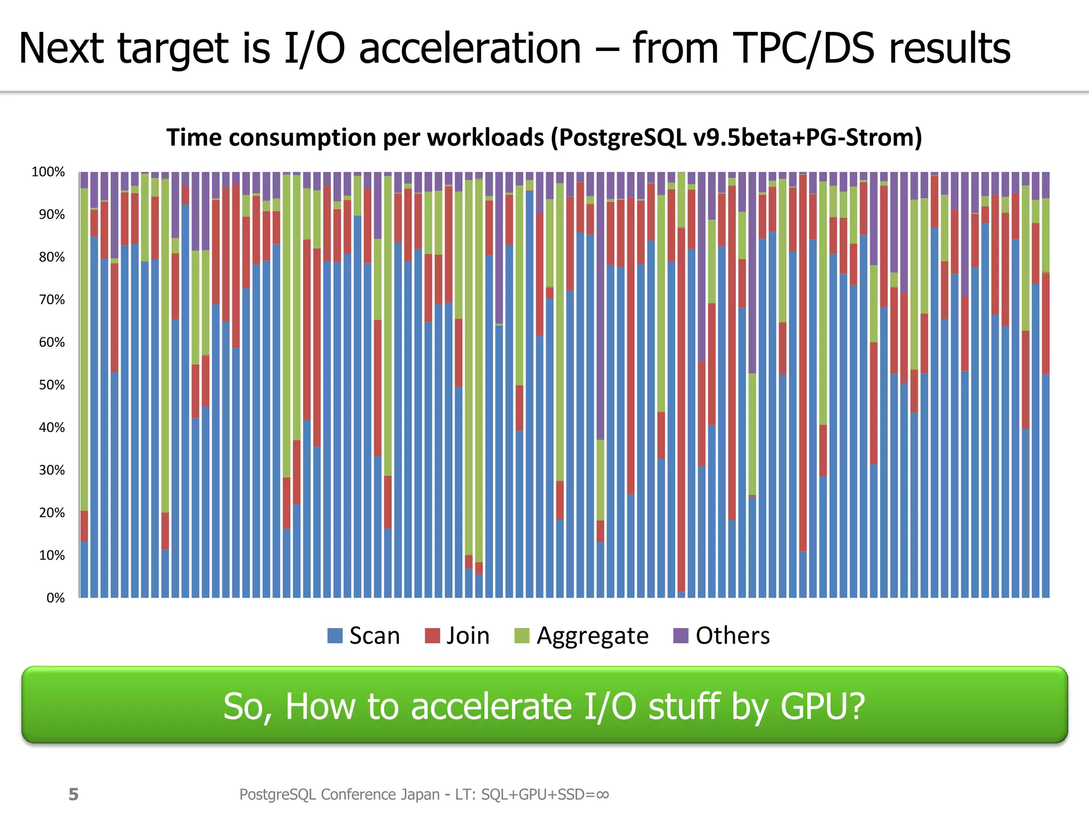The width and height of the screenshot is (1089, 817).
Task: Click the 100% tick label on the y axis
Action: (x=48, y=172)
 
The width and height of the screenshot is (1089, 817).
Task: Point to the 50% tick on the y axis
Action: (x=52, y=385)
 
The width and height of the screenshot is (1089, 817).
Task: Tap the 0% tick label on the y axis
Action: (x=55, y=598)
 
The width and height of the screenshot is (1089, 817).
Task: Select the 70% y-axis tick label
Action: (x=52, y=299)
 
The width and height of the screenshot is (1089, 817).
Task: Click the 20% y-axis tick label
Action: (x=52, y=513)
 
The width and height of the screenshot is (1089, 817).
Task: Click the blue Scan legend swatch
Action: (x=335, y=636)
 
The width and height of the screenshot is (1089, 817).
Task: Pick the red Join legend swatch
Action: (x=432, y=636)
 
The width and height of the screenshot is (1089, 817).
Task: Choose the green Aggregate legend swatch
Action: (x=522, y=636)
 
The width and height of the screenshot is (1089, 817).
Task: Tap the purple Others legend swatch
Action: (x=681, y=636)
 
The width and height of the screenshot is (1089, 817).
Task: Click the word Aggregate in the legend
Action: (x=592, y=636)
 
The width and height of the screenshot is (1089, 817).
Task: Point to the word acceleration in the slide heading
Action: (x=470, y=48)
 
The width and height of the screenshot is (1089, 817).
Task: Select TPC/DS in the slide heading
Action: (x=803, y=48)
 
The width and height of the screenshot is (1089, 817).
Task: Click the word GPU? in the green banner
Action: (x=823, y=706)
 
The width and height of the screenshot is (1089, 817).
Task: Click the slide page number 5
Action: (x=73, y=794)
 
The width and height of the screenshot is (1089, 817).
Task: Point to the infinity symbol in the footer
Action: (x=602, y=794)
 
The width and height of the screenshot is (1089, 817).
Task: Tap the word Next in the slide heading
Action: (x=61, y=48)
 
